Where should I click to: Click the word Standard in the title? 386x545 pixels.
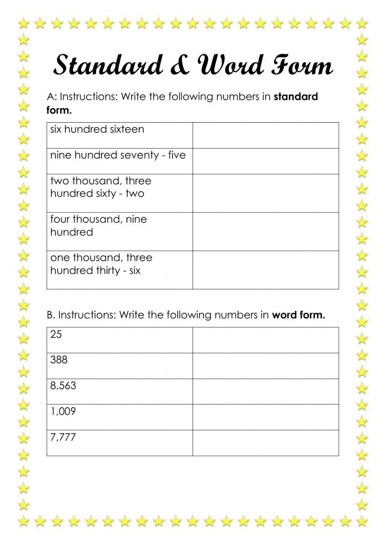click(108, 65)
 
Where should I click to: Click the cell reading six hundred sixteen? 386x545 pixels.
click(97, 129)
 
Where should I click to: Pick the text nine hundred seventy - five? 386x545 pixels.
click(118, 155)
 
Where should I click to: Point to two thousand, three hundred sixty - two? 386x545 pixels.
click(101, 187)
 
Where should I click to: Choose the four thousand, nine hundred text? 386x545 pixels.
click(98, 226)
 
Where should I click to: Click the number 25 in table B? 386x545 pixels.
click(56, 334)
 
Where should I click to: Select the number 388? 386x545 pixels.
click(59, 360)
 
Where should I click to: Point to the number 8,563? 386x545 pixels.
click(63, 386)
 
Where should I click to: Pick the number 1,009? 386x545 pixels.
click(63, 412)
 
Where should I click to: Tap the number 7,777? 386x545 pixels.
click(63, 437)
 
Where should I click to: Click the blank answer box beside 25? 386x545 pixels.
click(266, 340)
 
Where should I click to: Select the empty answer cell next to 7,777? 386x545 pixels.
click(266, 443)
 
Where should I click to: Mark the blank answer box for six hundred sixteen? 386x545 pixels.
click(266, 135)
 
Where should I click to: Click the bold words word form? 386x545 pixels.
click(298, 315)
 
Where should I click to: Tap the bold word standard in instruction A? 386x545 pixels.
click(296, 96)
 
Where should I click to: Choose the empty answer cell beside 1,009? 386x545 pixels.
click(266, 417)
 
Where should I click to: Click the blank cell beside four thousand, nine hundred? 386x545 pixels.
click(266, 231)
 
